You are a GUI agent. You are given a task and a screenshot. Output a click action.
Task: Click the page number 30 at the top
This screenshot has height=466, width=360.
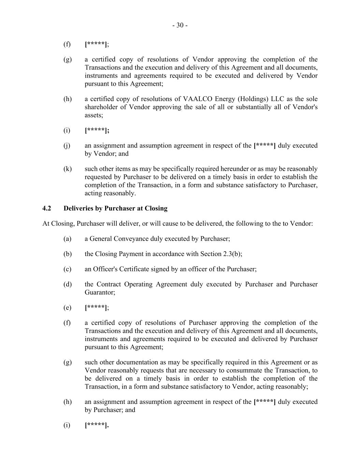point(180,25)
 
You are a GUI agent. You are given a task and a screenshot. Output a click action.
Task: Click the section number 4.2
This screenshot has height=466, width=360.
point(47,208)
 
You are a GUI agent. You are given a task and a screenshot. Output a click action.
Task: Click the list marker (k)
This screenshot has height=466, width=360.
point(68,169)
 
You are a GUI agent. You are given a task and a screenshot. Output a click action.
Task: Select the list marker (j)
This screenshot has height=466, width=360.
point(67,146)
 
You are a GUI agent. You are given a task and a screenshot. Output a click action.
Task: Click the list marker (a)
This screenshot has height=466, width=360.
point(67,239)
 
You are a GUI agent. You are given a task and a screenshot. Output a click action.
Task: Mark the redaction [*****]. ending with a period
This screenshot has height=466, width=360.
point(97,425)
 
